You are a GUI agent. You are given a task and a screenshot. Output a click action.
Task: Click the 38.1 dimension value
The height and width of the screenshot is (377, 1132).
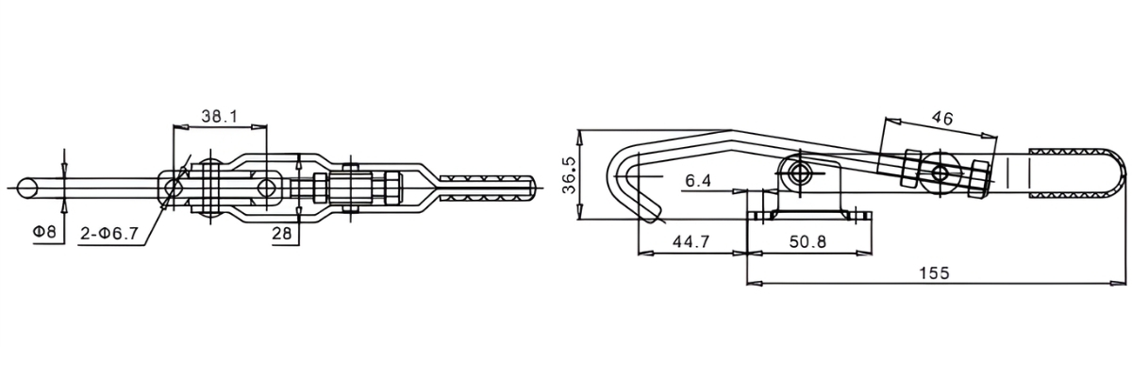point(219,117)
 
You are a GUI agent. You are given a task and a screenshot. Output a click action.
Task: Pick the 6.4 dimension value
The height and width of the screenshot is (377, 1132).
point(698,179)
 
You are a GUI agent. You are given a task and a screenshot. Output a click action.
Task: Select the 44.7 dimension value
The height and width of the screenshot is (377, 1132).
point(691,242)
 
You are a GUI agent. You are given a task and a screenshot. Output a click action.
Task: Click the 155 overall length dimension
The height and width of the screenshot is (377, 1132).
point(934,271)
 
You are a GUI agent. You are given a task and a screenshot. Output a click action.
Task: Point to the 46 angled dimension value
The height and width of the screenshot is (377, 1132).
point(941,118)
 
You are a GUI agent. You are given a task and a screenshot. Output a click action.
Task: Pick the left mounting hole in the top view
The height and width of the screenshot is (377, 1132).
point(175,188)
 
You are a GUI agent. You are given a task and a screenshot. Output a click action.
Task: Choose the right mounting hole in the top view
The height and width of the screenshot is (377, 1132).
point(269,188)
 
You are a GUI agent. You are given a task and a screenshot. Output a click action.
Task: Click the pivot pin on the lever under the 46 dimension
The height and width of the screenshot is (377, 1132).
point(940,172)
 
